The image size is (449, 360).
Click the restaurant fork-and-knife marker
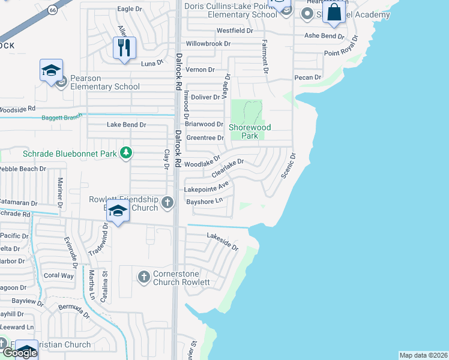(x=124, y=48)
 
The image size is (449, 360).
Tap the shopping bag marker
(x=334, y=12)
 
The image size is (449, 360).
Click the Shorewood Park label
(x=250, y=131)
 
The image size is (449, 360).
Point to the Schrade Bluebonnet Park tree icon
(x=125, y=154)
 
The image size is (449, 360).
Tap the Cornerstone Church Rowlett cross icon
(x=143, y=277)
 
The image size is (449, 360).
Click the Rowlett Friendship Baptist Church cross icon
(x=167, y=203)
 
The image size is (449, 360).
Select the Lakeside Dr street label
(x=223, y=241)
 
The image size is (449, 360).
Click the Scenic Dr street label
(x=289, y=166)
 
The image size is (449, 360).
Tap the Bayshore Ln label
(x=204, y=202)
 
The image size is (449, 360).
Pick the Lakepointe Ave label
(x=206, y=188)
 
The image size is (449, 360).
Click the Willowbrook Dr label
(x=208, y=44)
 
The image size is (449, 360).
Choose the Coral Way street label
(x=58, y=276)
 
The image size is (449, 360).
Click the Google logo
(x=19, y=353)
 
